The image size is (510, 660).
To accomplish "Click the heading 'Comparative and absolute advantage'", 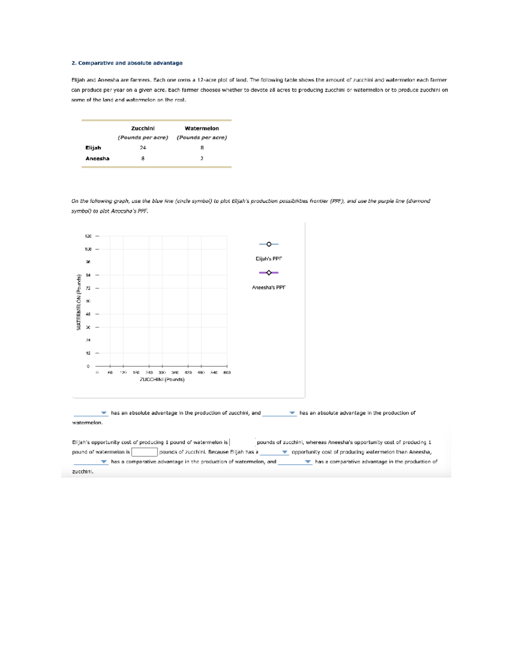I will tap(130, 63).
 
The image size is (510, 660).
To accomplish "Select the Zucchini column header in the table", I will tap(143, 128).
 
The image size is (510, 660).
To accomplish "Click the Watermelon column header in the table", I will tap(202, 128).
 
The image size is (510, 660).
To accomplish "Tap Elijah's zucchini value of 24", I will tap(143, 148).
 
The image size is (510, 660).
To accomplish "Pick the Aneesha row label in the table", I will tap(97, 159).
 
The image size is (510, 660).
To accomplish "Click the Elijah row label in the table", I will tap(93, 148).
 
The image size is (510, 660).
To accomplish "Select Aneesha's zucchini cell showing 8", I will tap(143, 159).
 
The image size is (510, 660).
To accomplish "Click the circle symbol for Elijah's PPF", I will tap(269, 244).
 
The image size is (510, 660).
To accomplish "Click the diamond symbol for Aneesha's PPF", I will tap(269, 273).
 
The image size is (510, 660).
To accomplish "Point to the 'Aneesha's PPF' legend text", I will tap(269, 288).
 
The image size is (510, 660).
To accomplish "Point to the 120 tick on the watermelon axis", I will tap(88, 236).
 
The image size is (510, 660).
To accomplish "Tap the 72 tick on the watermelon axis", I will tap(88, 288).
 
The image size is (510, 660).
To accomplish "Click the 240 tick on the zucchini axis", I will tap(149, 373).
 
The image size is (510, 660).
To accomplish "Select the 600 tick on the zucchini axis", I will tap(227, 373).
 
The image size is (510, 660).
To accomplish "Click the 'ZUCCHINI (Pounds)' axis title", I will tap(162, 380).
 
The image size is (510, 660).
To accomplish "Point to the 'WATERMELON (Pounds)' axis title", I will tap(79, 302).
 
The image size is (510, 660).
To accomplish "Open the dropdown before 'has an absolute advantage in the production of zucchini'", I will tap(91, 413).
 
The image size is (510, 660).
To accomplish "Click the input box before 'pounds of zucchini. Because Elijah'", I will tap(144, 452).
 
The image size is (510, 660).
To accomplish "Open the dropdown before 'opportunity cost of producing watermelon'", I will tap(274, 452).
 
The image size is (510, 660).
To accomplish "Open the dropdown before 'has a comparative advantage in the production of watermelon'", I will tap(91, 462).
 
